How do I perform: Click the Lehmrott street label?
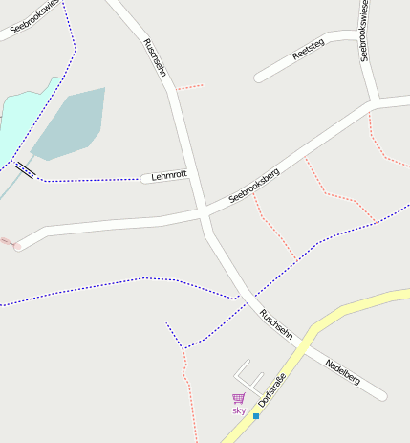169,176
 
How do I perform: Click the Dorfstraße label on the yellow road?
273,387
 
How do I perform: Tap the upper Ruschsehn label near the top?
155,58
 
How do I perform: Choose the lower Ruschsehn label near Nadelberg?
276,323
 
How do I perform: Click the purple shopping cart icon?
238,398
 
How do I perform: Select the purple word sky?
239,410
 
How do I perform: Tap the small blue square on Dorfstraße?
256,416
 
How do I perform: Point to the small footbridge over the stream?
26,171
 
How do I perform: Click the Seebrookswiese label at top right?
364,31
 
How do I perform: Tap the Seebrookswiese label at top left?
34,17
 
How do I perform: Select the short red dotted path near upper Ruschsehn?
189,87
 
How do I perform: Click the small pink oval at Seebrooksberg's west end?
17,247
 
